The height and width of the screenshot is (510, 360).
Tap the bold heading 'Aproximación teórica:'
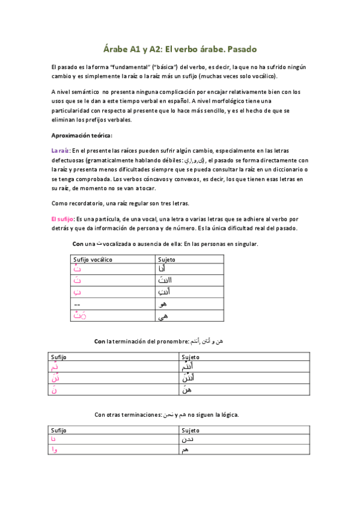coord(82,135)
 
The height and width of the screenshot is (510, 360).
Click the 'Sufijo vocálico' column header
coord(93,259)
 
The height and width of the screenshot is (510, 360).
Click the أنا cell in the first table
coord(160,269)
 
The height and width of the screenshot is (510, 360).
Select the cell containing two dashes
coord(76,304)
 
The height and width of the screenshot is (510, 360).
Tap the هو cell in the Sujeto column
coord(161,304)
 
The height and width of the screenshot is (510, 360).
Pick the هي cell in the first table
coord(161,316)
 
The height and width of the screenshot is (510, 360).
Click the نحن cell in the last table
coord(188,440)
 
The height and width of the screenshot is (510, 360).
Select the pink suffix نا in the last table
coord(55,440)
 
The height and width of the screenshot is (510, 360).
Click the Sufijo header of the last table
coord(59,431)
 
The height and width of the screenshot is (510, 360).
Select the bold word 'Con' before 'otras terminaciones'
coord(101,414)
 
